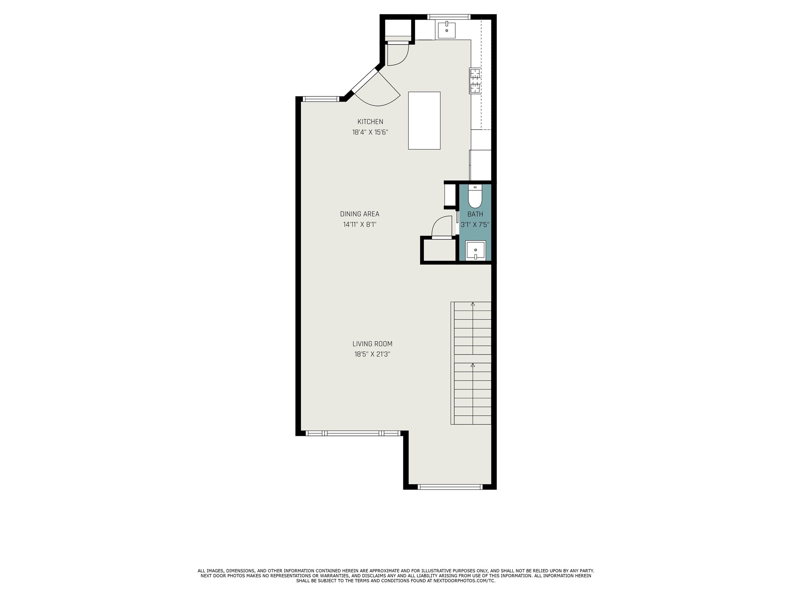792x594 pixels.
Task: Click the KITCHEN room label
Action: pyautogui.click(x=370, y=122)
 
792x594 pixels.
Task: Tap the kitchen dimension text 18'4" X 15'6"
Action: pyautogui.click(x=370, y=132)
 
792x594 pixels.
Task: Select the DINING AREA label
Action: pyautogui.click(x=360, y=214)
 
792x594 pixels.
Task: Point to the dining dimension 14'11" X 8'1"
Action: pyautogui.click(x=360, y=224)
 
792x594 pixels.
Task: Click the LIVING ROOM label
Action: pyautogui.click(x=372, y=344)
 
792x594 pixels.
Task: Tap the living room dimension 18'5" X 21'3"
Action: pyautogui.click(x=372, y=354)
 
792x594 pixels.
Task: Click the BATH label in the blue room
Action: pyautogui.click(x=475, y=214)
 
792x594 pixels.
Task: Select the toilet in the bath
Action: pyautogui.click(x=475, y=196)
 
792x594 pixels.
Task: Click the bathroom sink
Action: pyautogui.click(x=475, y=250)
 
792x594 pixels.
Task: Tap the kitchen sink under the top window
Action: pyautogui.click(x=447, y=30)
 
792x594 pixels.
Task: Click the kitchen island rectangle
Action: pyautogui.click(x=424, y=120)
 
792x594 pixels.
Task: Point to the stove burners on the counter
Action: pyautogui.click(x=475, y=81)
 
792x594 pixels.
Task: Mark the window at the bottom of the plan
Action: pyautogui.click(x=450, y=487)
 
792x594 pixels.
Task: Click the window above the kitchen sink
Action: pyautogui.click(x=449, y=17)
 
